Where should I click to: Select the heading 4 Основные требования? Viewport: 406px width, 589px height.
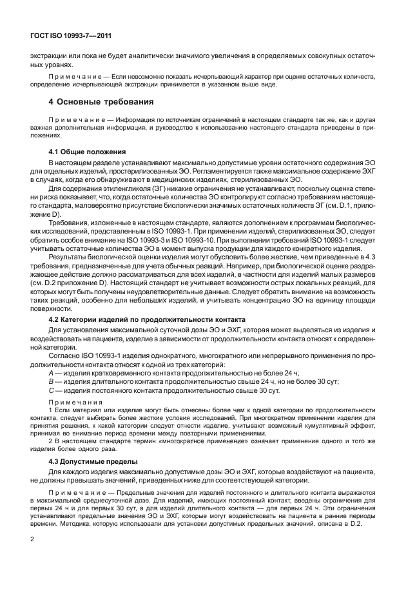101,101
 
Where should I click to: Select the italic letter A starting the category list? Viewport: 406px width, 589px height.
52,374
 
